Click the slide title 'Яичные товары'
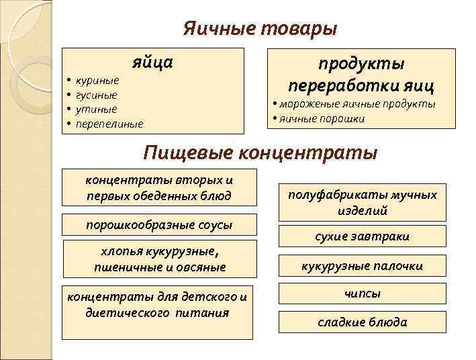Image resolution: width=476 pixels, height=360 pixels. [x=260, y=30]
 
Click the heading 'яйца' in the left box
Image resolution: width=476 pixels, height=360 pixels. [x=152, y=62]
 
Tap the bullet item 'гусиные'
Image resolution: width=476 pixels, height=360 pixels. [x=97, y=95]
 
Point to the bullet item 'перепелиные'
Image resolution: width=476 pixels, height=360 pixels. [x=109, y=124]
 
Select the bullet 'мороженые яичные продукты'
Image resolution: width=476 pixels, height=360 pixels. [x=357, y=104]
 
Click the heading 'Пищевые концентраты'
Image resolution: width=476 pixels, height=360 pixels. [x=261, y=152]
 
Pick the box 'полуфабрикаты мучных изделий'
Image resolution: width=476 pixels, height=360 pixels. [x=362, y=202]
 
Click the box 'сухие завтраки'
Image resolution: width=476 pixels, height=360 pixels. [x=362, y=236]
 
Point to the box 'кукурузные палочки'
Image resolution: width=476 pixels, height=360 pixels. [x=362, y=266]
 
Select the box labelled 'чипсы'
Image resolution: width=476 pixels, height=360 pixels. [x=362, y=294]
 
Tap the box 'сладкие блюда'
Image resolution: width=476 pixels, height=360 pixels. [x=362, y=322]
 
